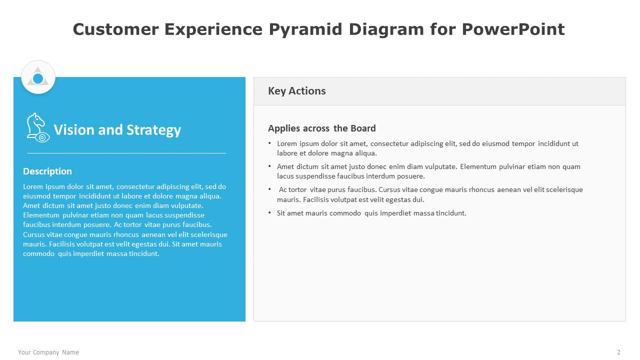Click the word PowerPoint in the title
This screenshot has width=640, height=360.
[513, 29]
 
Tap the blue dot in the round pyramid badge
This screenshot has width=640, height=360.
[38, 78]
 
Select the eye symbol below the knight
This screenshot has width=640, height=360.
[42, 137]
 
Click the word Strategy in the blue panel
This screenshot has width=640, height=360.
[153, 130]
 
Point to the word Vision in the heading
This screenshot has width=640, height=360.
[74, 129]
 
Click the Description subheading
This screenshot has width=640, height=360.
[47, 171]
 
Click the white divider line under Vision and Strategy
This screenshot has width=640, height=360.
[126, 153]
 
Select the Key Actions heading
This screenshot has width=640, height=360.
[297, 91]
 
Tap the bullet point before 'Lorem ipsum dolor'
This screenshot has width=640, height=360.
[269, 143]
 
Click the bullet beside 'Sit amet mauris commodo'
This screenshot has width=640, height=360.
[269, 212]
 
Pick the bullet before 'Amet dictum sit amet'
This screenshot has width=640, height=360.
[269, 165]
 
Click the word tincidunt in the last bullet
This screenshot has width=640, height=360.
[451, 213]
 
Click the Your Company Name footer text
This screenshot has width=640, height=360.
[48, 352]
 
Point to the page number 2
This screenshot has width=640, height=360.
[618, 352]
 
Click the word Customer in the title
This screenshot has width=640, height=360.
[115, 29]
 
